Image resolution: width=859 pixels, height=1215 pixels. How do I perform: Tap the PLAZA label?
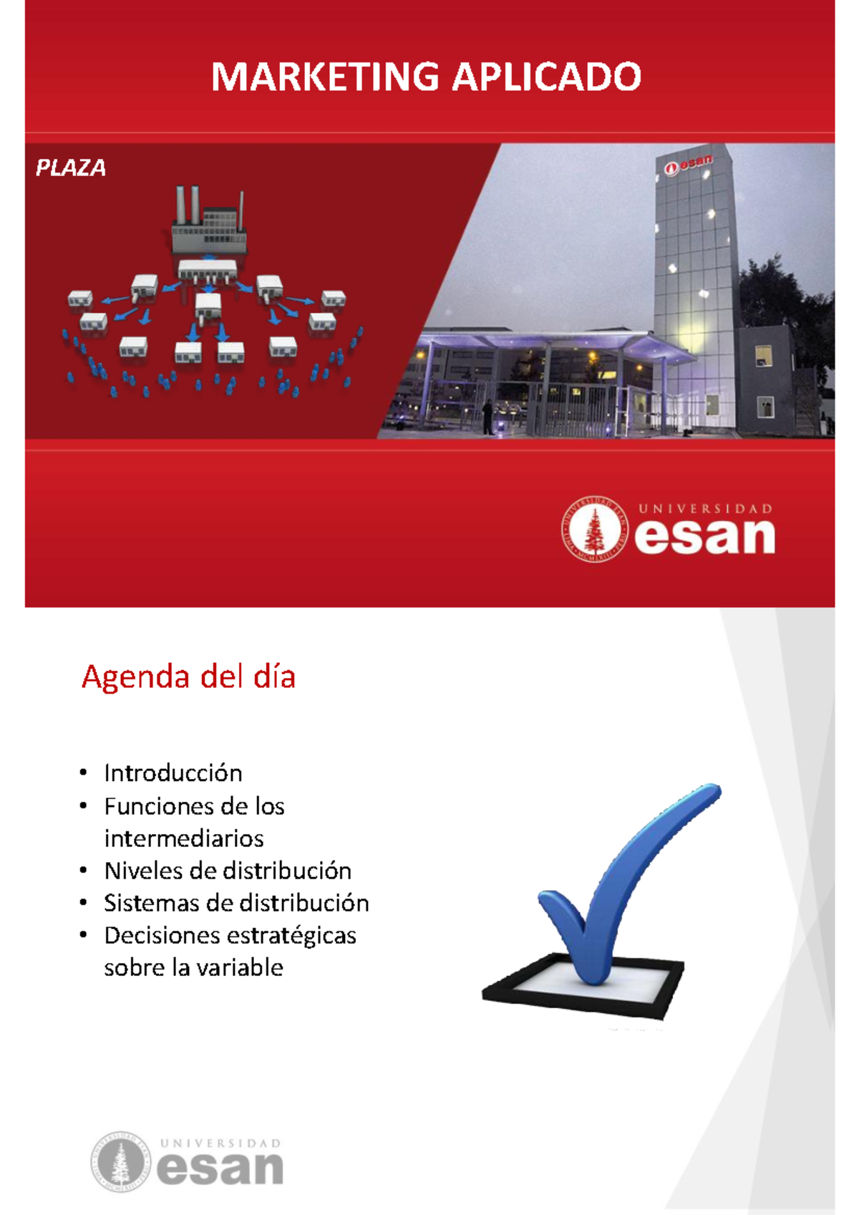coord(71,168)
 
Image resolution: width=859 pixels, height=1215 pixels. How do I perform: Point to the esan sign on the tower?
coord(688,165)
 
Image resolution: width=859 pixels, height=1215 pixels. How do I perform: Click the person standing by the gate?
coord(487,417)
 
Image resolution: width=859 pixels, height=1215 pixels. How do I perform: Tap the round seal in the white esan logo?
coord(594,529)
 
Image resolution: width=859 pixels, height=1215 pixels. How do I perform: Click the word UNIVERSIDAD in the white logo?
coord(705,509)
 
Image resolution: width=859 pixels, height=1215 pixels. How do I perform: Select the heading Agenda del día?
coord(188,677)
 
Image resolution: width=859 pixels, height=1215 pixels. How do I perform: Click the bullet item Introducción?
coord(173,773)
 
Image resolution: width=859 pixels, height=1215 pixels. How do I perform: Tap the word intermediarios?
coord(184,838)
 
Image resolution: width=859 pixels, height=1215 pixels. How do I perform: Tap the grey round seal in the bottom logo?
coord(120,1161)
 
